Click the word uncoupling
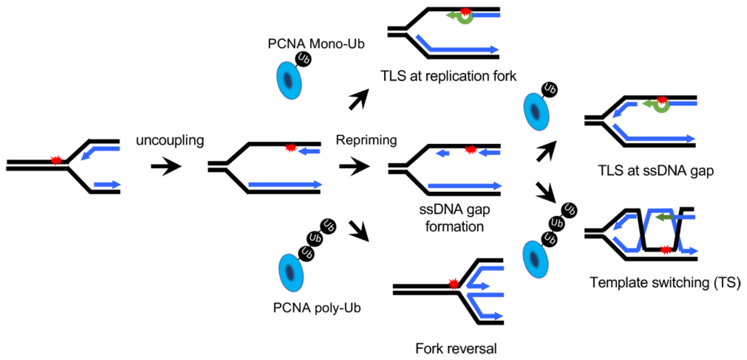[x=170, y=140]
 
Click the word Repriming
[x=366, y=140]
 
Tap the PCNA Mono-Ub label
[x=316, y=44]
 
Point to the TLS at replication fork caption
[x=448, y=76]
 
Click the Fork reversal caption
[x=456, y=348]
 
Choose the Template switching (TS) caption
[x=665, y=282]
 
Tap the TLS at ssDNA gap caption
[x=656, y=171]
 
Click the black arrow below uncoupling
[x=166, y=166]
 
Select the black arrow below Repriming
[x=355, y=166]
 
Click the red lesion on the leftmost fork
[x=56, y=160]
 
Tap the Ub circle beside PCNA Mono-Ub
[x=303, y=59]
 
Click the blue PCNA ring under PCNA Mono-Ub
[x=289, y=81]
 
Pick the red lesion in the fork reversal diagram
[x=453, y=284]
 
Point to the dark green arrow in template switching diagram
[x=664, y=217]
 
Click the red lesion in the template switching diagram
[x=665, y=249]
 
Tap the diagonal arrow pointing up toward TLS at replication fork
[x=359, y=99]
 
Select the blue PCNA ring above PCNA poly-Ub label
[x=291, y=273]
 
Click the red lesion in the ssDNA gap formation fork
[x=471, y=150]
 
